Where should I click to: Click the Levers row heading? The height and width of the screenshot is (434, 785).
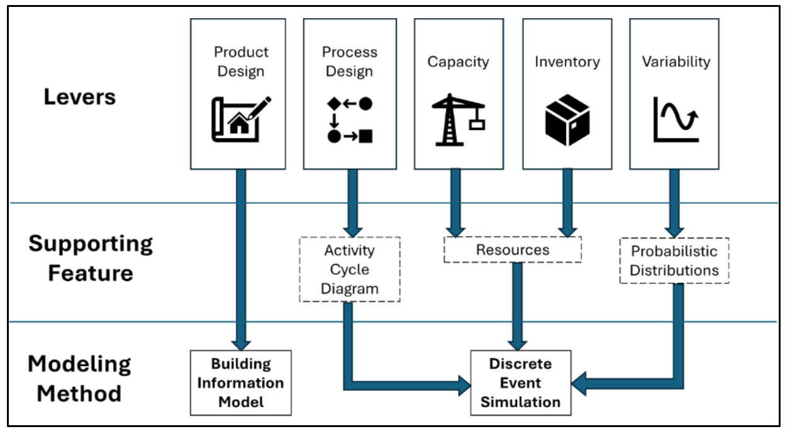tap(80, 97)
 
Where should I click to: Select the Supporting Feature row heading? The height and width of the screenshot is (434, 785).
tap(90, 258)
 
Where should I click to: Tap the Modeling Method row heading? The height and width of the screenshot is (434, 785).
tap(79, 379)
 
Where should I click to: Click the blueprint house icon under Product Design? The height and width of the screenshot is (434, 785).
tap(240, 118)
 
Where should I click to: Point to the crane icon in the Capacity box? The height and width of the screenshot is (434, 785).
tap(458, 120)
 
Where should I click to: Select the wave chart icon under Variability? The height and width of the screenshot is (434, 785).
tap(676, 119)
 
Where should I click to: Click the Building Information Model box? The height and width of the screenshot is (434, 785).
tap(241, 382)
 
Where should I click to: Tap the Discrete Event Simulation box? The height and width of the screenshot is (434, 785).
tap(520, 382)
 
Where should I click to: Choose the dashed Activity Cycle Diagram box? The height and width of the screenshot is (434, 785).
tap(350, 269)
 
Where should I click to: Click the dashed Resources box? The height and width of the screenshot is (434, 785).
tap(513, 250)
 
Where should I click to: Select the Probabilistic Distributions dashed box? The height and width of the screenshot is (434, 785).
tap(674, 260)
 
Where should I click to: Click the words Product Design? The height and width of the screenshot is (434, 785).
tap(241, 62)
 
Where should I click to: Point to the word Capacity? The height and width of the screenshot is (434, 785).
tap(458, 62)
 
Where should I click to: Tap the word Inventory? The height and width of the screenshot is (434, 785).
tap(567, 62)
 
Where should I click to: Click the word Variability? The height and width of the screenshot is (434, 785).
tap(676, 62)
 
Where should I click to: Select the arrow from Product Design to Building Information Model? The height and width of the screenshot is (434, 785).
tap(240, 258)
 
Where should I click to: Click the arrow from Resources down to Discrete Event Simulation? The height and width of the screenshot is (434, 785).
tap(518, 305)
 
